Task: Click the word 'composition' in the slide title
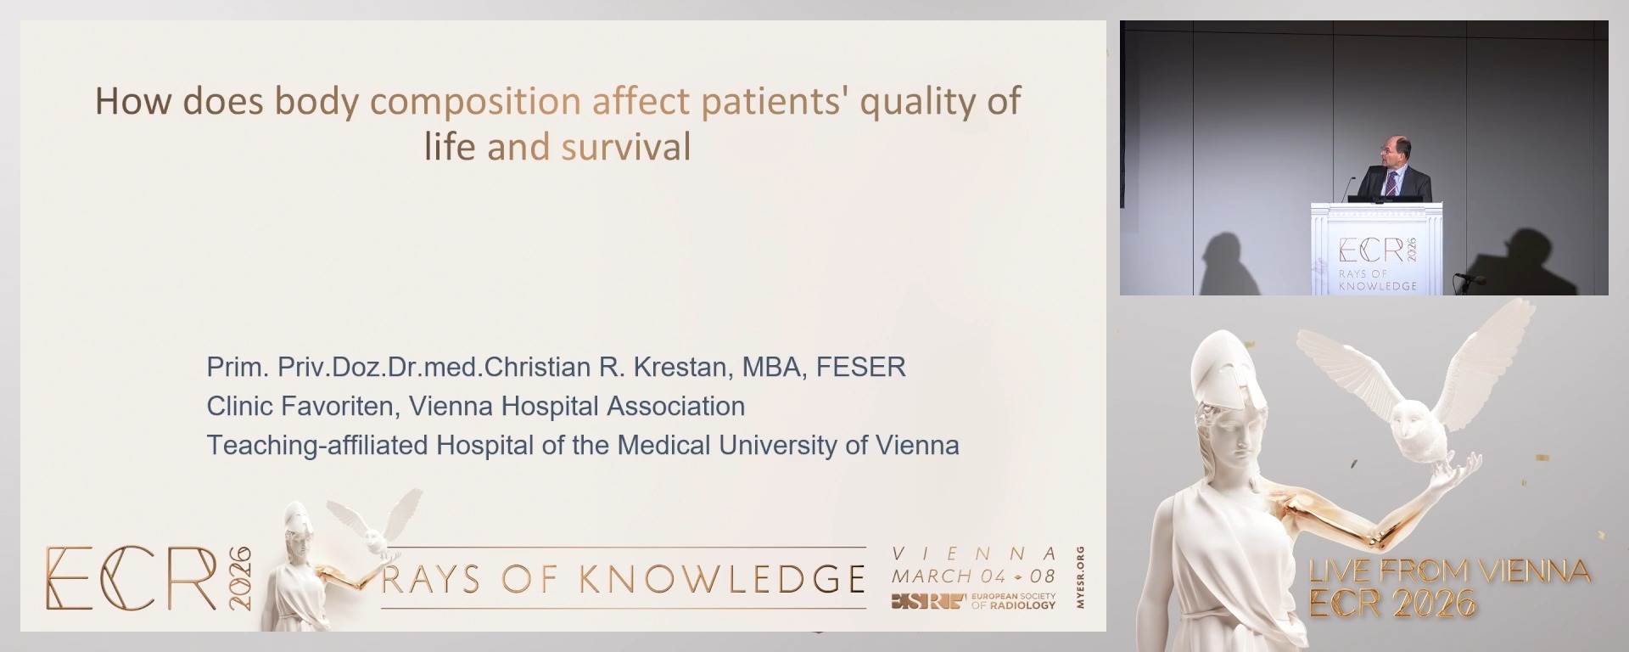click(475, 102)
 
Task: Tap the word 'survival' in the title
click(626, 148)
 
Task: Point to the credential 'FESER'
click(861, 367)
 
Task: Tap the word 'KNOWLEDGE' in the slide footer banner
click(722, 579)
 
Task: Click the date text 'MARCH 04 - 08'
click(973, 576)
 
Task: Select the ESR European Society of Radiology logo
click(973, 601)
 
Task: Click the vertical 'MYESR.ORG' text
click(1080, 577)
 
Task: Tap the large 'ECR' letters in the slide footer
click(132, 578)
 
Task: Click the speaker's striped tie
click(1392, 183)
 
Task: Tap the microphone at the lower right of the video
click(1469, 278)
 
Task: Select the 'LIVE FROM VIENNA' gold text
click(1449, 570)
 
